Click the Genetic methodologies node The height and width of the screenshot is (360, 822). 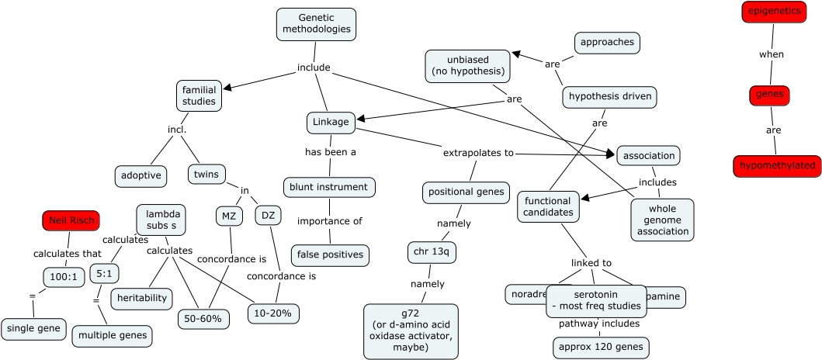(316, 24)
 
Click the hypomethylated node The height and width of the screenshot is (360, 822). (777, 166)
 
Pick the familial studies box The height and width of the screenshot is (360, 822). (199, 95)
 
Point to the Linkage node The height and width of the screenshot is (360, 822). (331, 123)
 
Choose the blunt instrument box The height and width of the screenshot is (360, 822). (330, 187)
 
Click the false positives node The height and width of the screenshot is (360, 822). (330, 254)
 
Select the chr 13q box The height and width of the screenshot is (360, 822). (432, 253)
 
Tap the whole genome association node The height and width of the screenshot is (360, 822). (662, 220)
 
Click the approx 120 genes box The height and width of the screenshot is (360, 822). (602, 348)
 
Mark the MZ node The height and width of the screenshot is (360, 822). (229, 216)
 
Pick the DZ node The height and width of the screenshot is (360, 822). (268, 216)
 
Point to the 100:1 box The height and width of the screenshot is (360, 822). (64, 276)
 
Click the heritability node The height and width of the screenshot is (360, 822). (142, 298)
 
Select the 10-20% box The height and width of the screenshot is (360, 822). (273, 313)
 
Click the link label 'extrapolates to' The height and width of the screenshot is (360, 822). (478, 153)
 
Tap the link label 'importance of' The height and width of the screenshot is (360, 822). (330, 221)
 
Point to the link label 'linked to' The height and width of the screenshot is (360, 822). (591, 263)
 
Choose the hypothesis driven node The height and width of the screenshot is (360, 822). (611, 97)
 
